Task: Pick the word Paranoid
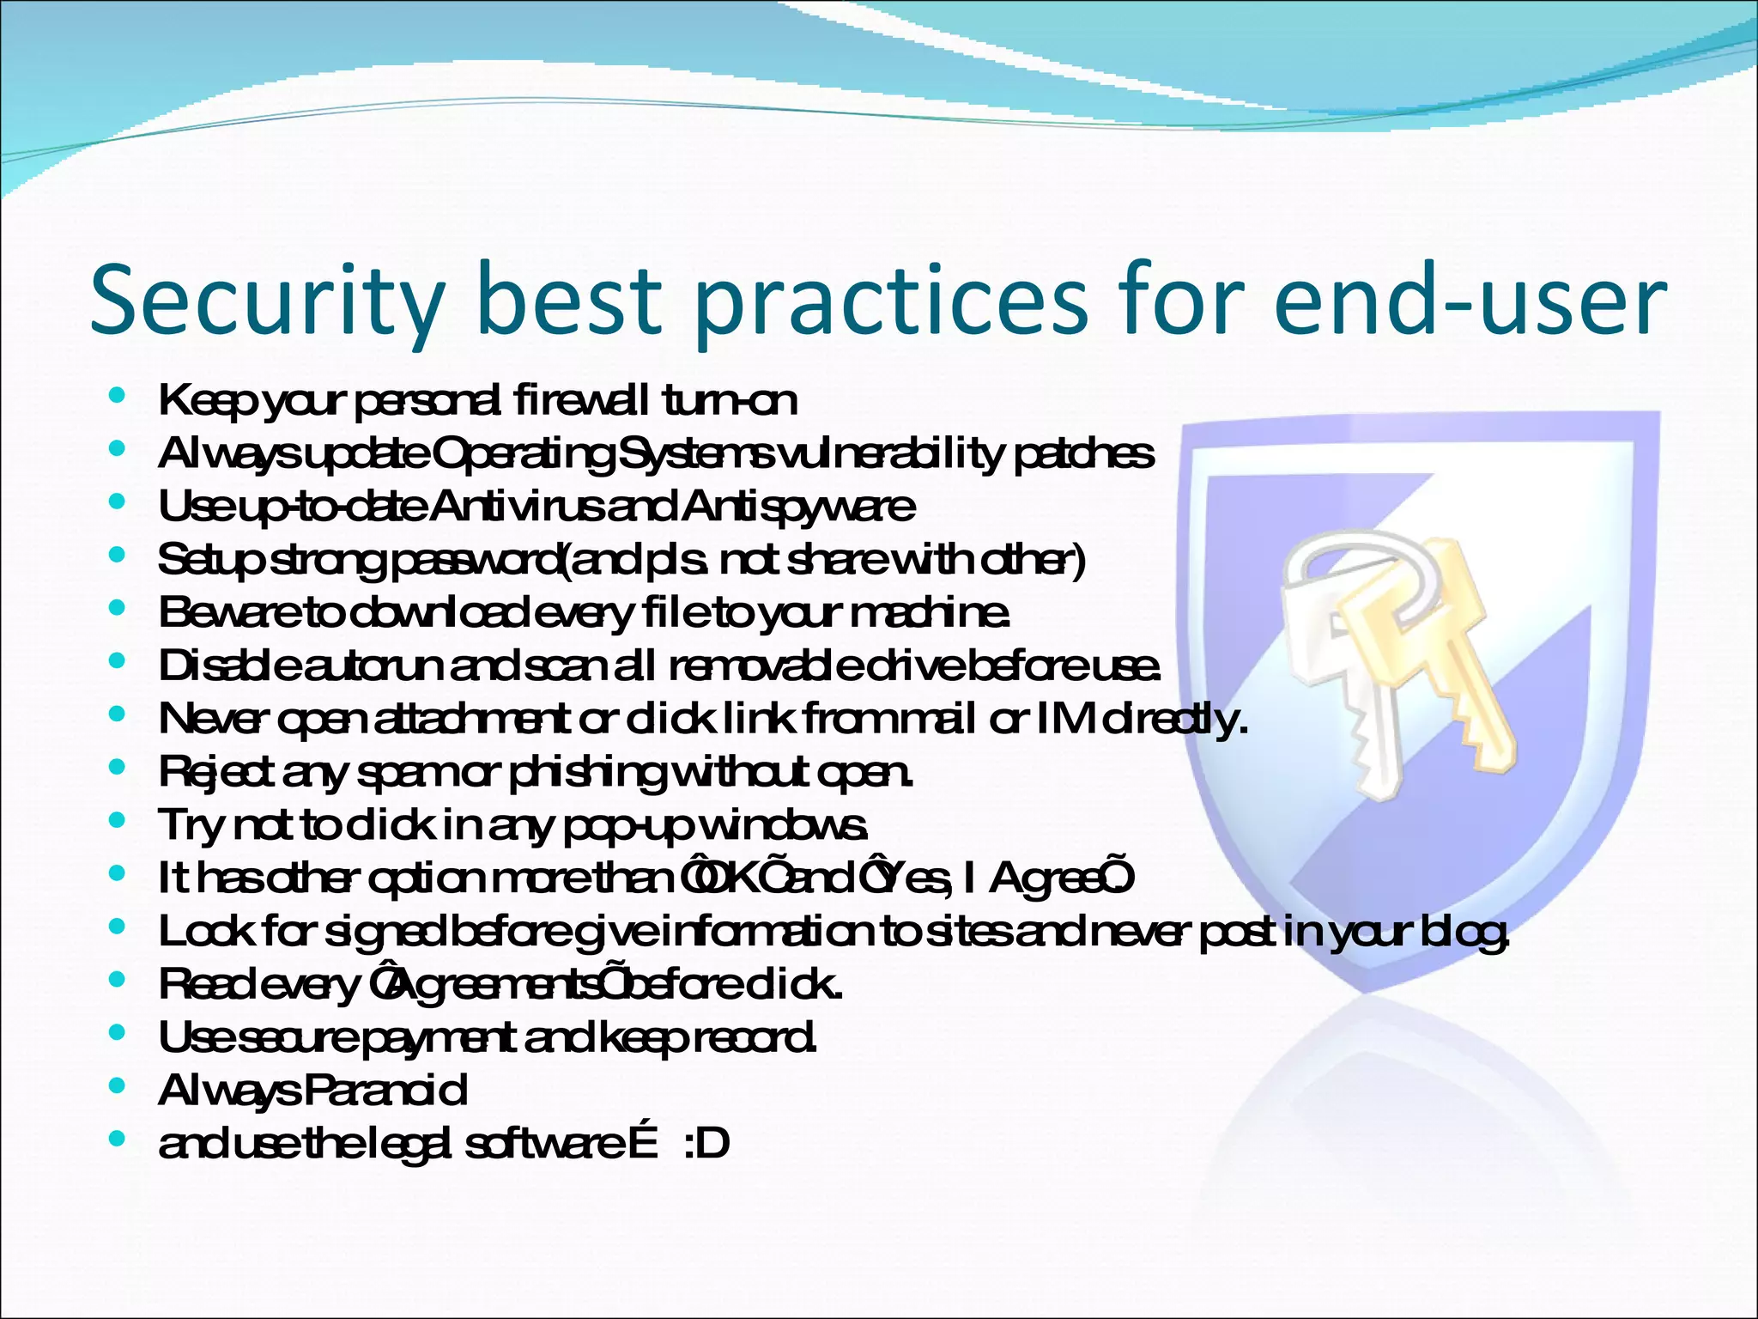point(385,1091)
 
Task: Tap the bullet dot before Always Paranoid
point(118,1086)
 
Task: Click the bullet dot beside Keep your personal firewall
point(118,396)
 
